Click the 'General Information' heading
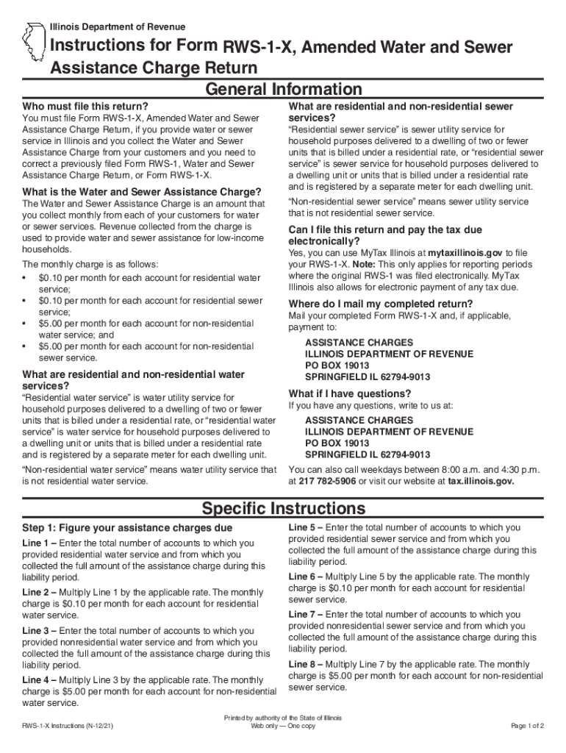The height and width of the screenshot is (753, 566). [x=283, y=90]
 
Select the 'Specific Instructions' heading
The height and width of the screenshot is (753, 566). [x=283, y=508]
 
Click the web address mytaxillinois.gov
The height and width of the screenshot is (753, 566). [x=465, y=252]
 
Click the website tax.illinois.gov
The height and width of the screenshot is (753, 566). [x=481, y=481]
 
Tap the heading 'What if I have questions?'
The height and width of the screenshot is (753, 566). [x=350, y=393]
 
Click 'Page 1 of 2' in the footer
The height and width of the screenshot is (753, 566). [x=527, y=726]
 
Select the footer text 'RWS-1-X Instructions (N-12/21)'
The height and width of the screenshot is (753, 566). [x=71, y=726]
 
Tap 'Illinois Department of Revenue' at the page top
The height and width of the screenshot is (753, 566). [x=118, y=27]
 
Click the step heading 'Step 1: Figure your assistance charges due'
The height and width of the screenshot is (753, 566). [x=128, y=528]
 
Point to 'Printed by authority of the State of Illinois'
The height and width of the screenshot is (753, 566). [x=283, y=718]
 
